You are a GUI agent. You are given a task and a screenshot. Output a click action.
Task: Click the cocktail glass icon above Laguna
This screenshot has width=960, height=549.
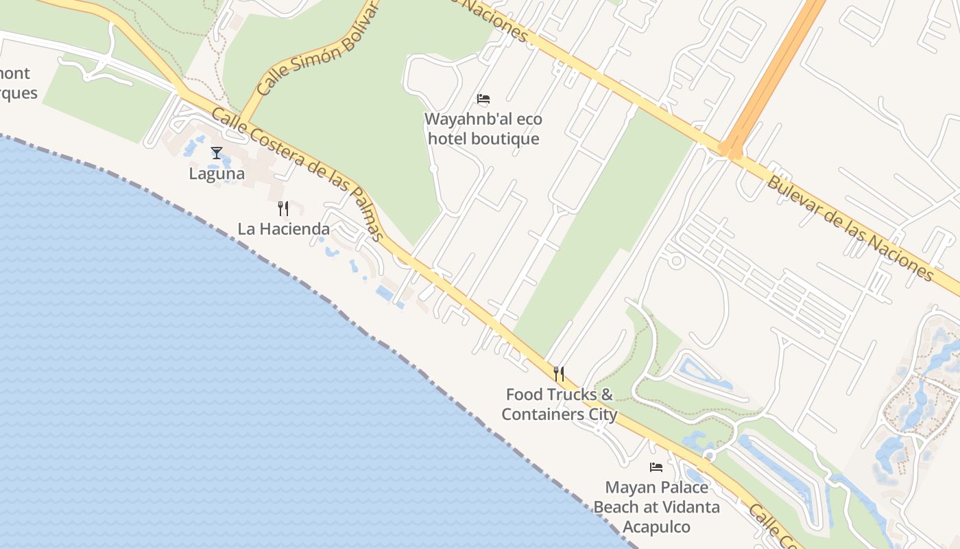coord(217,153)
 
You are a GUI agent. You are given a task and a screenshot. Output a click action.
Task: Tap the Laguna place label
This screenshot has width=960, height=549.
coord(217,174)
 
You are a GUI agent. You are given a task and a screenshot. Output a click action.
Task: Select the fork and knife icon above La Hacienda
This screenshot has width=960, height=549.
coord(283,208)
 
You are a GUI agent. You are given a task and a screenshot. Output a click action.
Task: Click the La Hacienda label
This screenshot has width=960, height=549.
coord(284,229)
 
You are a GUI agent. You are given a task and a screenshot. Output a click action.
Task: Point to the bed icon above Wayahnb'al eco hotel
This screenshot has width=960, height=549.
coord(483,99)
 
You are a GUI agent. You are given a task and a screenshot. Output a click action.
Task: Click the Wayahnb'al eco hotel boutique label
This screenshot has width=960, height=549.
coord(483,129)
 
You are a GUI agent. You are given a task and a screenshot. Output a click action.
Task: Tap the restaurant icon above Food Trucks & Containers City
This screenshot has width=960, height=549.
coord(559,374)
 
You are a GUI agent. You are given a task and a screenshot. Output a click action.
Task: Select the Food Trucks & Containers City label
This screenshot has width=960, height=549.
coord(560,404)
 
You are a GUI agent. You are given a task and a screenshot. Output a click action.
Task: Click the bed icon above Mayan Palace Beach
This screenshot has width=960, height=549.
coord(656,467)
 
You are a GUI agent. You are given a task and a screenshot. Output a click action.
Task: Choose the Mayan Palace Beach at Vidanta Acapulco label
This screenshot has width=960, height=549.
coord(656,507)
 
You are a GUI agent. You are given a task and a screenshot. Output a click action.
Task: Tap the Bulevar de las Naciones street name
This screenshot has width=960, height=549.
coord(850,228)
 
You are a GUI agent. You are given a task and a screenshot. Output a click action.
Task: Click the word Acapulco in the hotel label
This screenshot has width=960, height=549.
coord(656,527)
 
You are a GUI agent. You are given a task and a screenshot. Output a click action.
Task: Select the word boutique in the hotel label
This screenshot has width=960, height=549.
coord(503,139)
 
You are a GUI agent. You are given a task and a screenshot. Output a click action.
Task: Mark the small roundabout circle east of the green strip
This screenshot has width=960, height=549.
coord(676,261)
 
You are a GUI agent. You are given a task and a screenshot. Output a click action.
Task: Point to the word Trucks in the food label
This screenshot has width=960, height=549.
coord(571,395)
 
